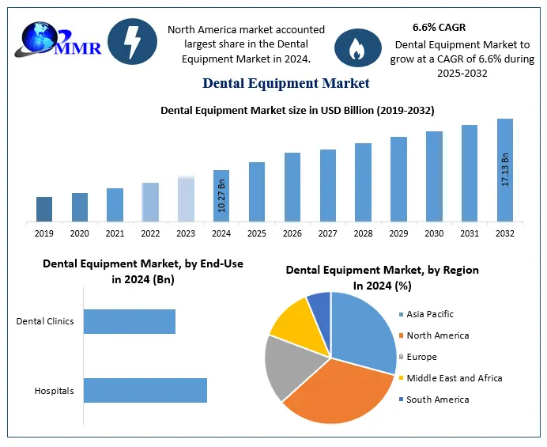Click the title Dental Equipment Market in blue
click(x=285, y=82)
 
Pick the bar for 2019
click(x=44, y=209)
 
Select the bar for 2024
click(x=221, y=195)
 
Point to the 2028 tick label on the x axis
click(x=364, y=233)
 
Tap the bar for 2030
click(x=434, y=176)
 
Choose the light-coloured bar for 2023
click(x=186, y=199)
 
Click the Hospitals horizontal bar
click(x=145, y=391)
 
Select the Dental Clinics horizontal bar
click(x=130, y=321)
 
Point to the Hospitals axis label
click(x=54, y=391)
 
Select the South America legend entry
click(x=437, y=400)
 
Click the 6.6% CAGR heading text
click(x=439, y=28)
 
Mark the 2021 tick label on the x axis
click(x=115, y=233)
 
